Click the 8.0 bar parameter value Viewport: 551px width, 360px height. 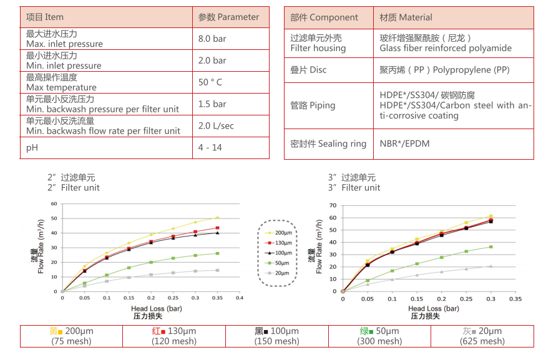point(212,39)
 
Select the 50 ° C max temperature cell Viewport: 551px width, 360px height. point(210,82)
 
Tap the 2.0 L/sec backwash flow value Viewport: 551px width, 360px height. point(216,126)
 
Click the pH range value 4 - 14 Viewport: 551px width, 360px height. point(210,148)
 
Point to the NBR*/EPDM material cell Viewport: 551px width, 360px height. point(404,144)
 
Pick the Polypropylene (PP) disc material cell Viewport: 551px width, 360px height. point(444,71)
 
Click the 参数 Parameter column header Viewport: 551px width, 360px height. point(228,17)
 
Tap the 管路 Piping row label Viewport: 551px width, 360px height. point(313,105)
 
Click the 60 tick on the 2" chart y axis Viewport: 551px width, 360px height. point(54,203)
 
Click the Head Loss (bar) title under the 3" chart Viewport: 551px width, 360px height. point(434,309)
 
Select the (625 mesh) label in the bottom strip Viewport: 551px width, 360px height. point(482,341)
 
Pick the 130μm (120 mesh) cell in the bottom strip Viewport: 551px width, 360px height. point(173,336)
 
